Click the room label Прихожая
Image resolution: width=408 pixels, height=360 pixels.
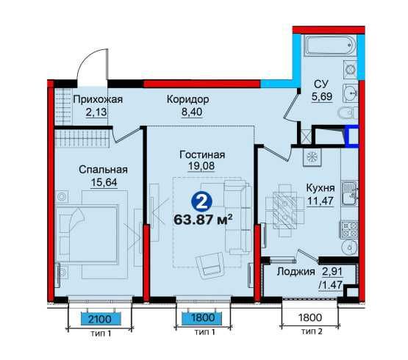98,99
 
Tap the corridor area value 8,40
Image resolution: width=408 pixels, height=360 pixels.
192,112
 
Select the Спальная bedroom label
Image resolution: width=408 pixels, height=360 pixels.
103,170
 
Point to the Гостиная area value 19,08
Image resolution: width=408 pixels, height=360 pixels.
201,166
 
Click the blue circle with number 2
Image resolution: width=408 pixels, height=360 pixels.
201,201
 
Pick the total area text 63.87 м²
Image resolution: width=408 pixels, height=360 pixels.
203,220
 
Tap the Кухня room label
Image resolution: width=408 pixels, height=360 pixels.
321,188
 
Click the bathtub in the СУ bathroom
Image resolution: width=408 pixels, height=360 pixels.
331,46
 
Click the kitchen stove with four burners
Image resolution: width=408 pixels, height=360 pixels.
348,230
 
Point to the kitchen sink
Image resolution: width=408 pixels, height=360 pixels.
349,193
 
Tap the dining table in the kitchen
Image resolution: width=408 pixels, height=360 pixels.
285,211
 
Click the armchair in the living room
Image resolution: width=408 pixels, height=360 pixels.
210,264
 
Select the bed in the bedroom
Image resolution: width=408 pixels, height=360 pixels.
87,234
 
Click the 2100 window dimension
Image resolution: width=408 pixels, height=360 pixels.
100,319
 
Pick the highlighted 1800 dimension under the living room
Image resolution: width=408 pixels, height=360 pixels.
201,318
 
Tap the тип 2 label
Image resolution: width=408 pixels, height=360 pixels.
312,331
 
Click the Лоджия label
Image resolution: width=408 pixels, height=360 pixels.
296,272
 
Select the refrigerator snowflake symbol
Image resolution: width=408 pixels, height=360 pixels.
312,157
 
